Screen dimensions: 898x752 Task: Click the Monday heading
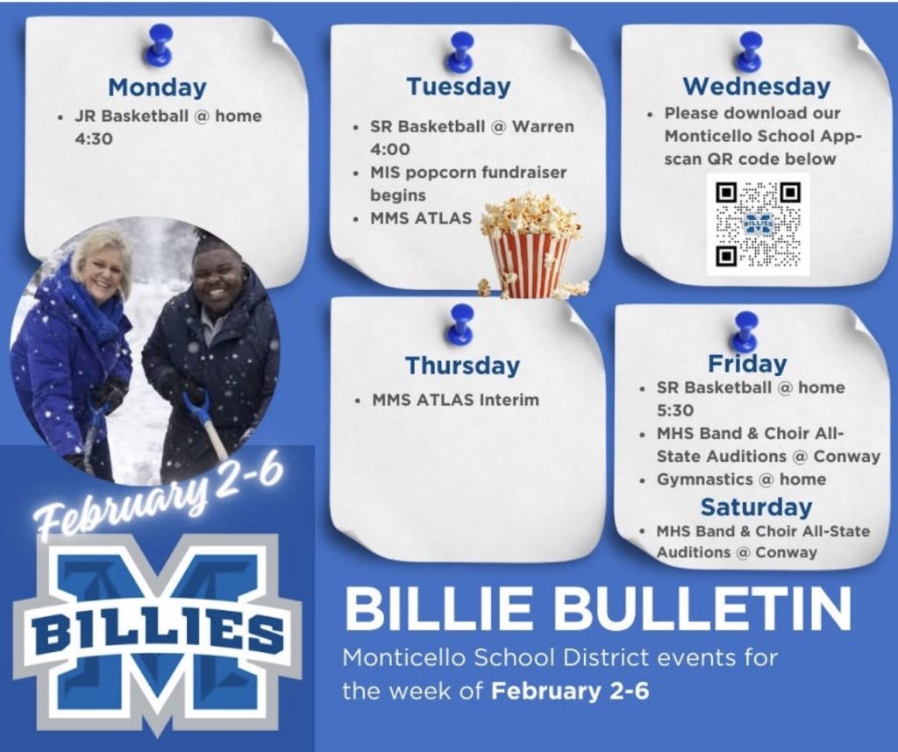click(158, 87)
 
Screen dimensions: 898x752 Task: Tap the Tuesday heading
click(458, 86)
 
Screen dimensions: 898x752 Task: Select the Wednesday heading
click(756, 86)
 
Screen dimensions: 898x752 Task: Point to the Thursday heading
click(462, 365)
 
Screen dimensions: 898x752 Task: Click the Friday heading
click(747, 363)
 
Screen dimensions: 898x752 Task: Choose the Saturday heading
click(756, 507)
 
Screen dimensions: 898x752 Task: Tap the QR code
click(759, 224)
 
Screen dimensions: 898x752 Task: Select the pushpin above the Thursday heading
click(461, 323)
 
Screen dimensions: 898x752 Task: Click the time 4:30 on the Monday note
click(94, 138)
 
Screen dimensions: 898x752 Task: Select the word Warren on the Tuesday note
click(543, 126)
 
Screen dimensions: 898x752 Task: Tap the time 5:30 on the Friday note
click(675, 410)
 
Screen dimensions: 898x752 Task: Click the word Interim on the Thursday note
click(510, 400)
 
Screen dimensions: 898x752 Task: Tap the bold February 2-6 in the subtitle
click(570, 692)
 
